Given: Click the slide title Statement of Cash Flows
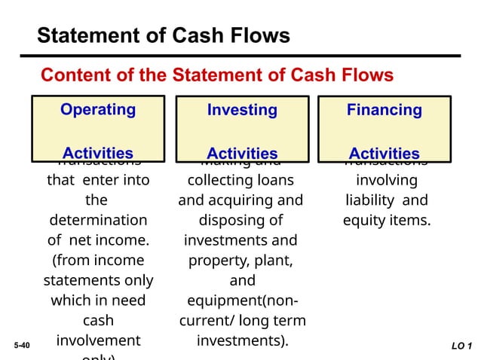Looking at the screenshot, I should click(x=164, y=35).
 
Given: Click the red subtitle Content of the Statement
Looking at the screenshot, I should click(x=216, y=75).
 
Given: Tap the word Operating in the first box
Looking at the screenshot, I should click(x=98, y=110).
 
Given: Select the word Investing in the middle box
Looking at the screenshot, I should click(x=242, y=111).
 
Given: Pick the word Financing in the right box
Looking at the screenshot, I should click(x=384, y=111).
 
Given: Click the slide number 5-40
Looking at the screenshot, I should click(x=23, y=346).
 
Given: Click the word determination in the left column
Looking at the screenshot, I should click(x=98, y=221).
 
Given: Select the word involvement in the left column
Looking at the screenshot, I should click(x=98, y=340).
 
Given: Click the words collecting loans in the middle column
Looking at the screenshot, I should click(x=240, y=181).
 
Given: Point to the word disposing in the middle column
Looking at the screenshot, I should click(x=241, y=221).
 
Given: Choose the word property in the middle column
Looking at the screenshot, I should click(x=225, y=261).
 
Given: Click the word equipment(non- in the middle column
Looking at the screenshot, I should click(x=241, y=301).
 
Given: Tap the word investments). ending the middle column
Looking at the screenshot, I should click(x=242, y=340).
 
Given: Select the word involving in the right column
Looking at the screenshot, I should click(x=385, y=181).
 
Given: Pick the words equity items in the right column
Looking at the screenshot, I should click(x=387, y=221).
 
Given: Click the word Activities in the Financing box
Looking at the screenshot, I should click(x=384, y=153).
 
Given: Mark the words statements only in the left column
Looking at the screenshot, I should click(x=98, y=281).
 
